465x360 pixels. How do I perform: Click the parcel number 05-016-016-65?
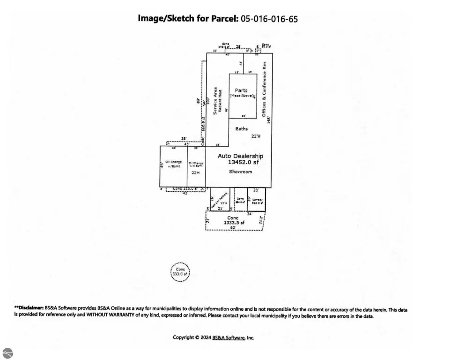tap(269, 19)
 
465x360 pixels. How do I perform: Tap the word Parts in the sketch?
tap(241, 90)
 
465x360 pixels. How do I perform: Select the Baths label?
tap(242, 128)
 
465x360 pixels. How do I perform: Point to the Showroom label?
tap(240, 172)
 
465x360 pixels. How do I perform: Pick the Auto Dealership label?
tap(240, 156)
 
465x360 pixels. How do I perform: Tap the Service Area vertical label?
tap(215, 101)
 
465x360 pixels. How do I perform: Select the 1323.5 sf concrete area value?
tap(233, 223)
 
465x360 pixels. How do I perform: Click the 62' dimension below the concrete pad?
tap(233, 228)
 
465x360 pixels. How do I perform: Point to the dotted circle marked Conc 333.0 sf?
tap(180, 272)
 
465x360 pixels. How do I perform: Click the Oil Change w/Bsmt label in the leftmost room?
tap(173, 164)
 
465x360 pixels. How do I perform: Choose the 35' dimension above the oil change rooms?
tap(185, 138)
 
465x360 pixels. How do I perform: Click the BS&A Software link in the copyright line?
tap(229, 337)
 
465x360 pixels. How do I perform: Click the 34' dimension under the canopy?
tap(250, 214)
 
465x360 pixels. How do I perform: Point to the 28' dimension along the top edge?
tap(238, 46)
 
